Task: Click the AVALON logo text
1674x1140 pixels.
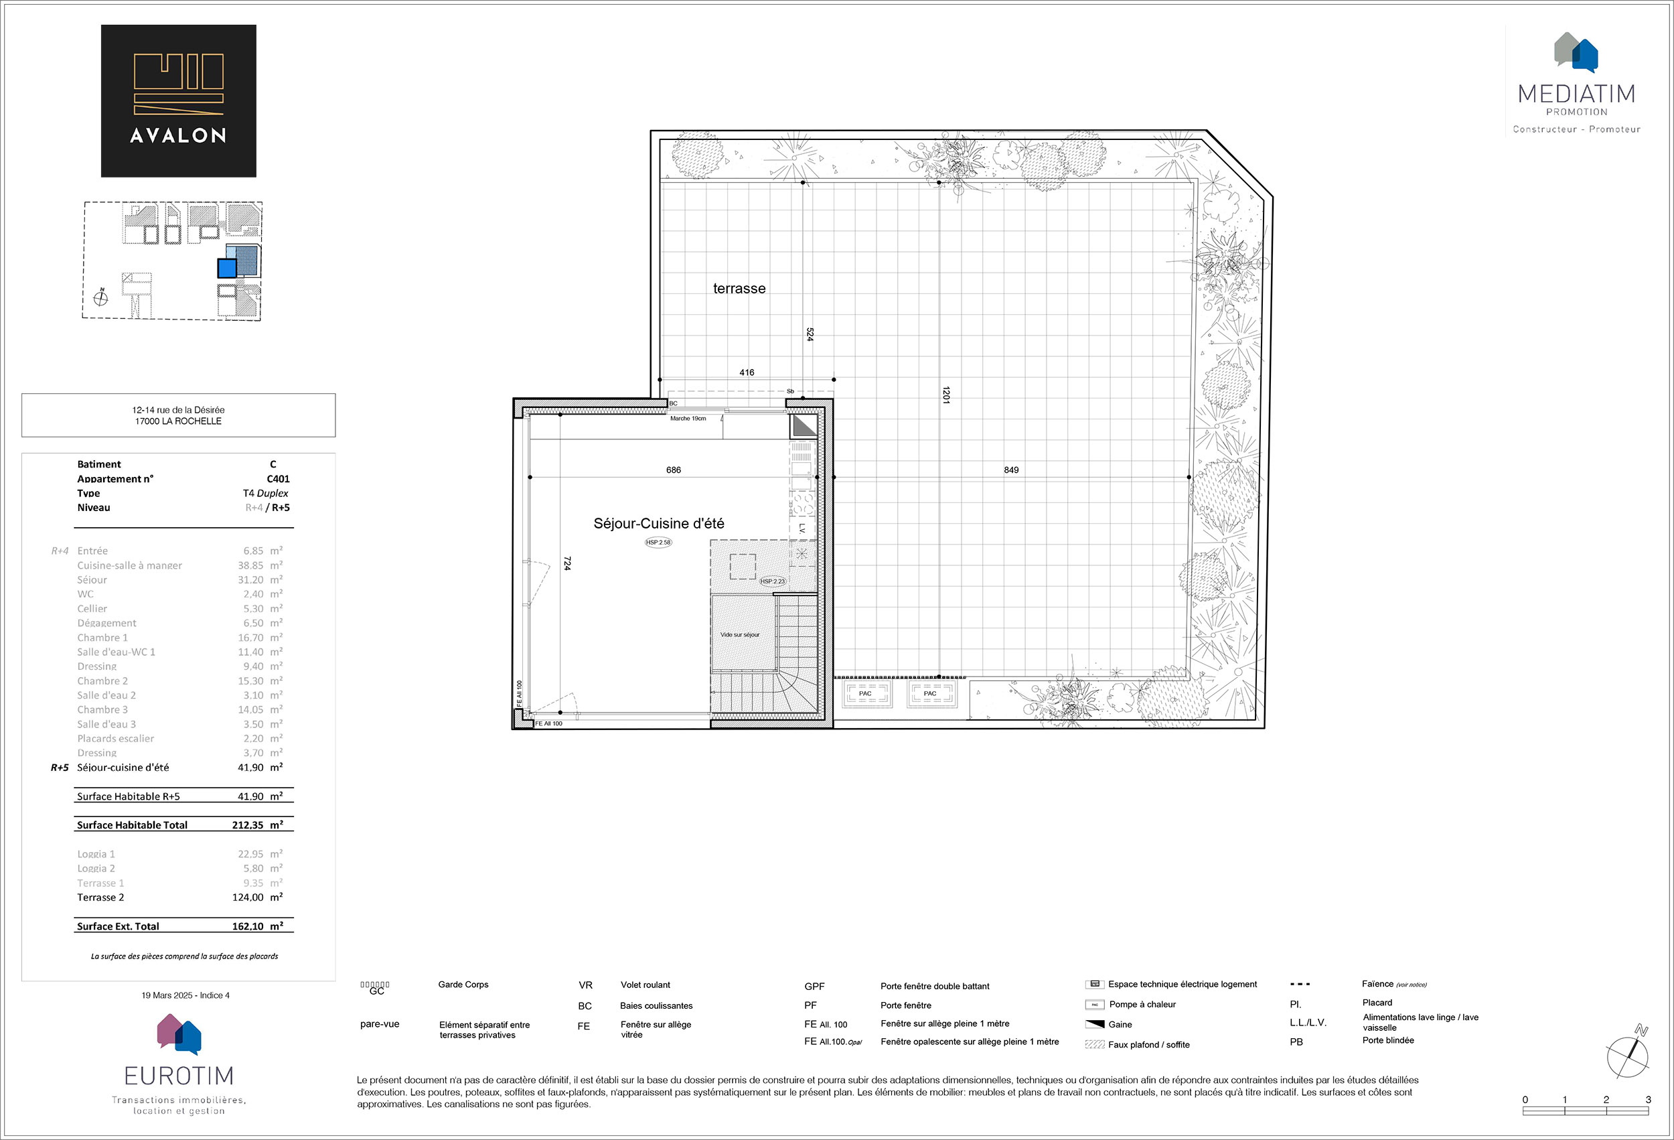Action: (178, 135)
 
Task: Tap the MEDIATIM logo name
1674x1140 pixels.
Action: (1576, 94)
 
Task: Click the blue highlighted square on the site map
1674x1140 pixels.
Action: (227, 268)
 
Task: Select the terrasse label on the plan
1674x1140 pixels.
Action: (739, 288)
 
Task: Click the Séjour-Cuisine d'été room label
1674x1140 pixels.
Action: (658, 524)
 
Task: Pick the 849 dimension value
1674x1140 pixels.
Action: (1010, 470)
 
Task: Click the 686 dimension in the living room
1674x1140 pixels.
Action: (673, 470)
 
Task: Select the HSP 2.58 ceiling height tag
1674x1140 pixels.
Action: (658, 542)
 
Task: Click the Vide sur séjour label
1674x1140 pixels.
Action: (740, 635)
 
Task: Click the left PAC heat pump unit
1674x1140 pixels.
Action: (865, 693)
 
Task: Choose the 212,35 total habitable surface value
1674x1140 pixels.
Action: (248, 825)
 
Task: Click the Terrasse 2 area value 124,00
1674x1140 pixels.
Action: (248, 897)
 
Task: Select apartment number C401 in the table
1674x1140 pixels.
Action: (278, 478)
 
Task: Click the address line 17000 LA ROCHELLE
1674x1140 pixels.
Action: (178, 421)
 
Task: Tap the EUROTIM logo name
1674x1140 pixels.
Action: (179, 1076)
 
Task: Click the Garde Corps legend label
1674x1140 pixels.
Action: (463, 985)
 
